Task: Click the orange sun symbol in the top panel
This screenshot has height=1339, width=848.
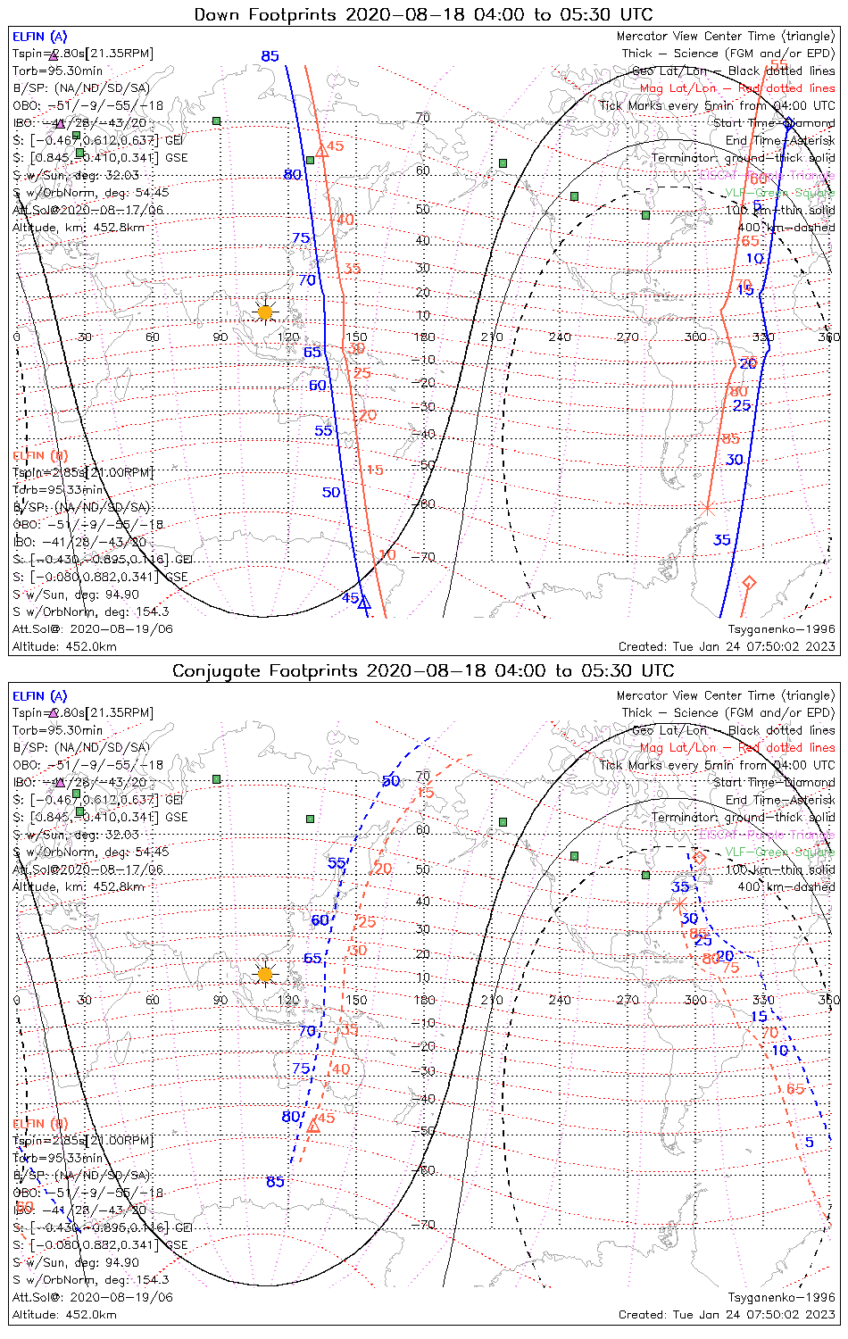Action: coord(265,312)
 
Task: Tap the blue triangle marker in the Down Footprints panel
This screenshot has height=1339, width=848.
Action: coord(363,603)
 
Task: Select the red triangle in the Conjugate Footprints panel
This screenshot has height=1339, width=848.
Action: coord(313,1126)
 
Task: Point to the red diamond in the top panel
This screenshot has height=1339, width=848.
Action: coord(749,583)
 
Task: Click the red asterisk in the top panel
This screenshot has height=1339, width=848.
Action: coord(708,509)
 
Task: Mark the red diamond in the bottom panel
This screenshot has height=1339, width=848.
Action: coord(699,858)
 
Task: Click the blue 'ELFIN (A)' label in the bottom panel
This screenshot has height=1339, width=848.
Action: coord(39,696)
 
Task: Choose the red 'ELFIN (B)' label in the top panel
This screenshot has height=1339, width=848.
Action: coord(39,455)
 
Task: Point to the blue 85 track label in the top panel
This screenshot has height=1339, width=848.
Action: coord(270,56)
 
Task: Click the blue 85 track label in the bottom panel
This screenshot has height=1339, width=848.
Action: coord(275,1181)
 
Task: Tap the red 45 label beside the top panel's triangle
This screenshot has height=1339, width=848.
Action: coord(335,146)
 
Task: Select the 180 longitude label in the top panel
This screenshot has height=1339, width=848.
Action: coord(425,337)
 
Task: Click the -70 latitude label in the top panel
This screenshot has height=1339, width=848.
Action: coord(426,557)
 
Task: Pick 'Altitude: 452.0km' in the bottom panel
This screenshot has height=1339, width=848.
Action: coord(64,1314)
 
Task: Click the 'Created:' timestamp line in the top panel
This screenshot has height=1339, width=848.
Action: coord(727,646)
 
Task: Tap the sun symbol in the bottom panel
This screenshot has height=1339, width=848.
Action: coord(265,974)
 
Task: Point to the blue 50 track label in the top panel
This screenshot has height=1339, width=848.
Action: coord(331,492)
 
